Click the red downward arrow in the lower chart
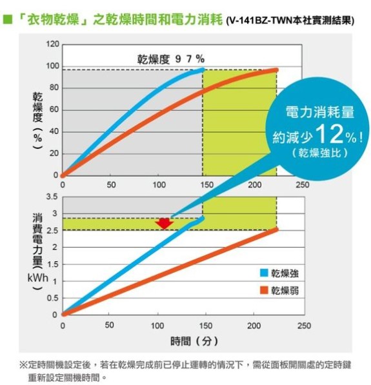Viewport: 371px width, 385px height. click(165, 223)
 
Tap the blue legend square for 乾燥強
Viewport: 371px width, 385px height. click(264, 273)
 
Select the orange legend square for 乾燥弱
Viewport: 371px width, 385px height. click(264, 290)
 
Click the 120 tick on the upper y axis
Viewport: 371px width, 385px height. click(52, 44)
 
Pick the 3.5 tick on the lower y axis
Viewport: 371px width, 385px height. click(52, 197)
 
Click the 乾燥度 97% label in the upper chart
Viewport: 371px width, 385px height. click(171, 59)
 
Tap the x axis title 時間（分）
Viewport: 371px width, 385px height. click(194, 341)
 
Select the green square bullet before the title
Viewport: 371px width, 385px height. click(8, 19)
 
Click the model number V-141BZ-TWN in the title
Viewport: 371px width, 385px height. click(261, 21)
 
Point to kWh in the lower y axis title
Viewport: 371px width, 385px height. click(38, 278)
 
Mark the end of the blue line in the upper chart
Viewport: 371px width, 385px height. click(203, 70)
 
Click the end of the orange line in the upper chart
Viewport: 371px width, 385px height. click(277, 70)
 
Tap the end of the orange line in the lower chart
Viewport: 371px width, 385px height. click(277, 230)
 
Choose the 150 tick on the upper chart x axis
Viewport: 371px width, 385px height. click(207, 184)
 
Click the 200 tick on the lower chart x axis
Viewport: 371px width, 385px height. click(254, 326)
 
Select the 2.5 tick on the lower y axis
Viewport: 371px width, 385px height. click(52, 231)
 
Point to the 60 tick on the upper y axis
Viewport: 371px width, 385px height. click(54, 110)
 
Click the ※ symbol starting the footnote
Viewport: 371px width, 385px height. click(24, 365)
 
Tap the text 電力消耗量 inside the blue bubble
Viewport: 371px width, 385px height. click(319, 112)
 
